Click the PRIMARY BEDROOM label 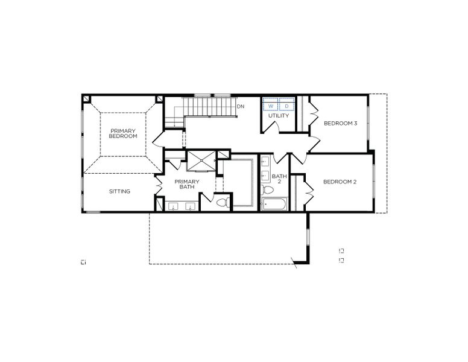pos(123,133)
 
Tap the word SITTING pos(119,192)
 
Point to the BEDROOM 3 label pos(341,124)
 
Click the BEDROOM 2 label pos(340,182)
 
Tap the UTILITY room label pos(279,116)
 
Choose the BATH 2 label pos(279,179)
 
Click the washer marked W pos(271,106)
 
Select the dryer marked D pos(286,106)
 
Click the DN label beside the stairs pos(241,107)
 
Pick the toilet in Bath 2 pos(267,191)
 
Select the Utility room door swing pos(272,125)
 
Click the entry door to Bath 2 pos(281,158)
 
